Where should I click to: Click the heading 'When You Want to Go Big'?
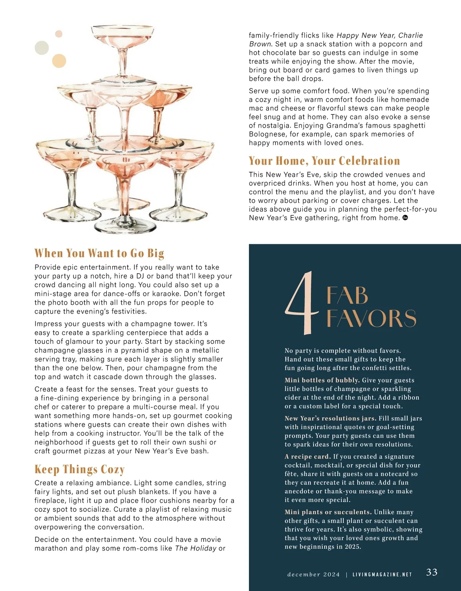coord(99,253)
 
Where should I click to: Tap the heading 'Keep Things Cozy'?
coord(80,469)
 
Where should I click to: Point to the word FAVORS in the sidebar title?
coord(371,319)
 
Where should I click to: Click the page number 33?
coord(432,572)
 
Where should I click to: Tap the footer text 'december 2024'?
coord(313,574)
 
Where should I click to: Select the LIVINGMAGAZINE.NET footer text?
coord(382,574)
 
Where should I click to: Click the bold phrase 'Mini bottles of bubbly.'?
coord(322,380)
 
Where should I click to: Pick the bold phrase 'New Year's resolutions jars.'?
coord(330,418)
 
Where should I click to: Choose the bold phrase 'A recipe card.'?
coord(307,457)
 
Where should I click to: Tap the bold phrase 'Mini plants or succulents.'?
coord(328,512)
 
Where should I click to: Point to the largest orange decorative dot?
coord(59,61)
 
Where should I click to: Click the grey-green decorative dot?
coord(42,48)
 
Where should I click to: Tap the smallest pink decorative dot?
coord(59,34)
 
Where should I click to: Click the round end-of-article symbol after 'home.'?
coord(405,218)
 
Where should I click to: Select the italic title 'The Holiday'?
coord(196,548)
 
